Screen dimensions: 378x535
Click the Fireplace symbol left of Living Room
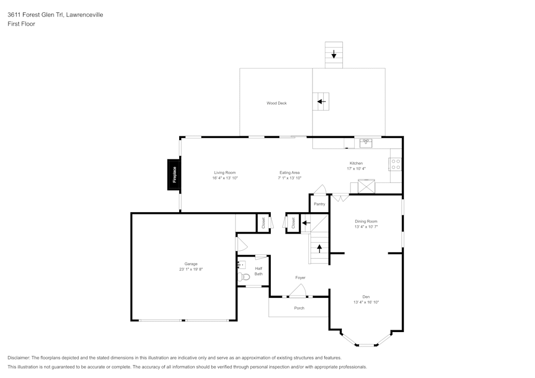click(174, 175)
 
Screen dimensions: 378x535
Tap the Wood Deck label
click(277, 103)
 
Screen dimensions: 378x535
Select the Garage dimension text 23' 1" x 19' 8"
click(191, 269)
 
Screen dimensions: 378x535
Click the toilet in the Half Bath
click(244, 276)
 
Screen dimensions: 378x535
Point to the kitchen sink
click(366, 143)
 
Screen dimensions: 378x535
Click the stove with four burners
click(395, 164)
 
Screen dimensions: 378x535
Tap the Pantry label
click(319, 204)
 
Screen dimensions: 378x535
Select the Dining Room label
click(366, 221)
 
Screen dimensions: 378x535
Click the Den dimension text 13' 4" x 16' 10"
click(366, 302)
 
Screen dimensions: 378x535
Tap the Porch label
click(299, 308)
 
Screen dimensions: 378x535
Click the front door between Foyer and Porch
click(297, 291)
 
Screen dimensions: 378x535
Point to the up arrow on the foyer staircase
click(320, 248)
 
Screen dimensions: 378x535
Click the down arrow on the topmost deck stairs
click(334, 54)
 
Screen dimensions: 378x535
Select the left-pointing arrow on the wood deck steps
click(321, 101)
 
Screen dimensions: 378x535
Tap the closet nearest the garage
click(263, 222)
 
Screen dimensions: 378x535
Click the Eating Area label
click(289, 173)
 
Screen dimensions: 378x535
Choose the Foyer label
click(300, 277)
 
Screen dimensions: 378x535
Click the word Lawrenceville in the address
click(85, 15)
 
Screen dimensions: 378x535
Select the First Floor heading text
click(21, 24)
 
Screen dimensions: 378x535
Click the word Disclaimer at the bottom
click(19, 358)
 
